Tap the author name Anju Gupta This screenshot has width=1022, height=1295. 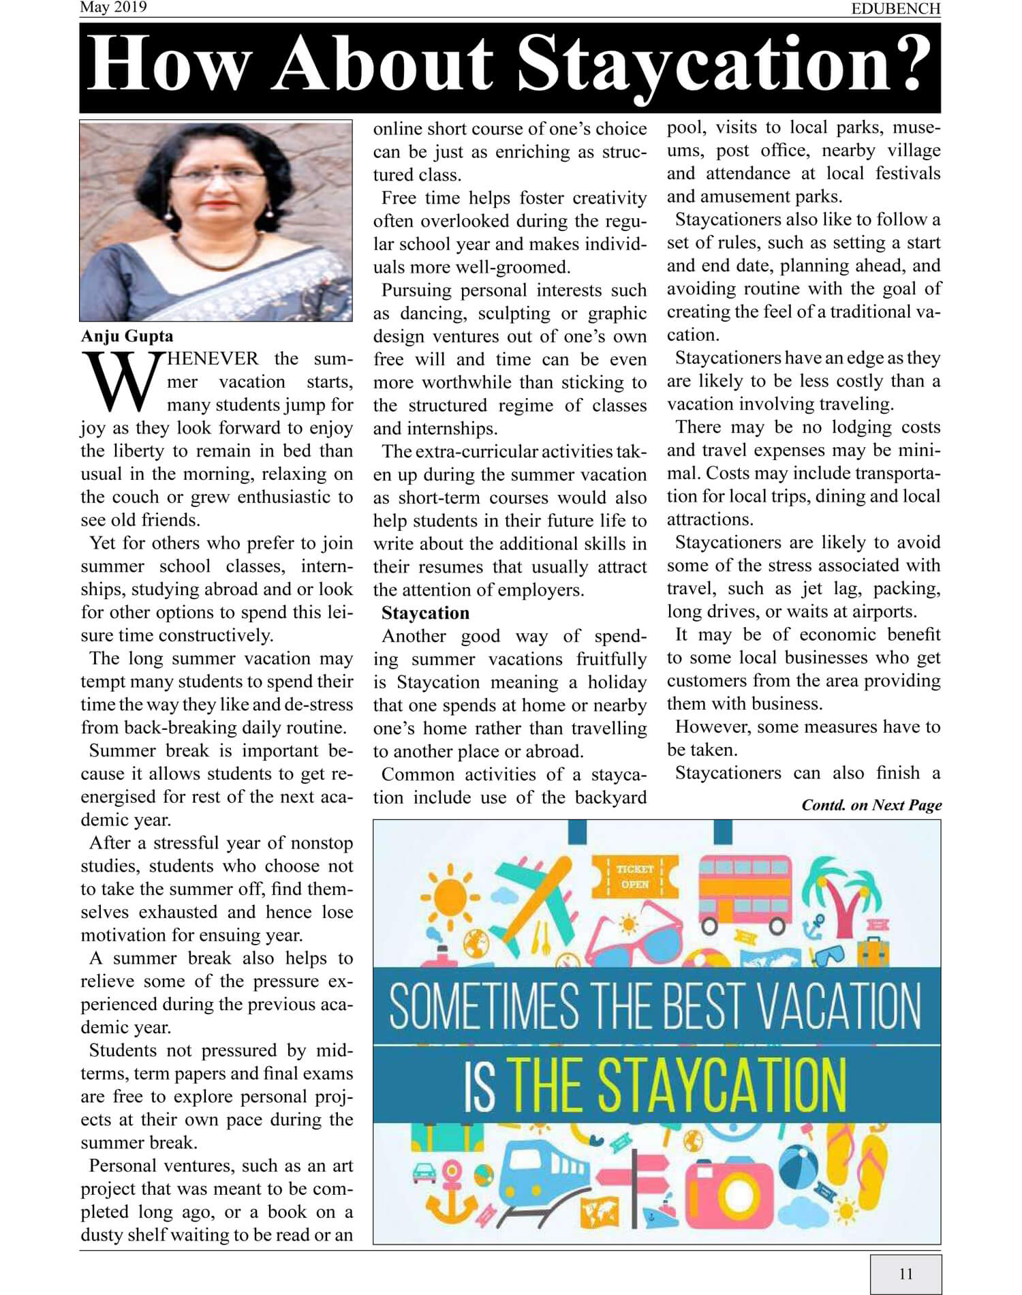pyautogui.click(x=127, y=336)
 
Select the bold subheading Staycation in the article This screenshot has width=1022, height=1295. pyautogui.click(x=425, y=613)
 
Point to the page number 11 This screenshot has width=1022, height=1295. pyautogui.click(x=905, y=1273)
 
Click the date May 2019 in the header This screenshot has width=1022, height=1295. pyautogui.click(x=113, y=7)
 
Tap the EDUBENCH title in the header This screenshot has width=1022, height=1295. pyautogui.click(x=895, y=9)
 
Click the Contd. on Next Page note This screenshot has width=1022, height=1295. pyautogui.click(x=871, y=805)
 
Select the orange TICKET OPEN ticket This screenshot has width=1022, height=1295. pyautogui.click(x=635, y=877)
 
